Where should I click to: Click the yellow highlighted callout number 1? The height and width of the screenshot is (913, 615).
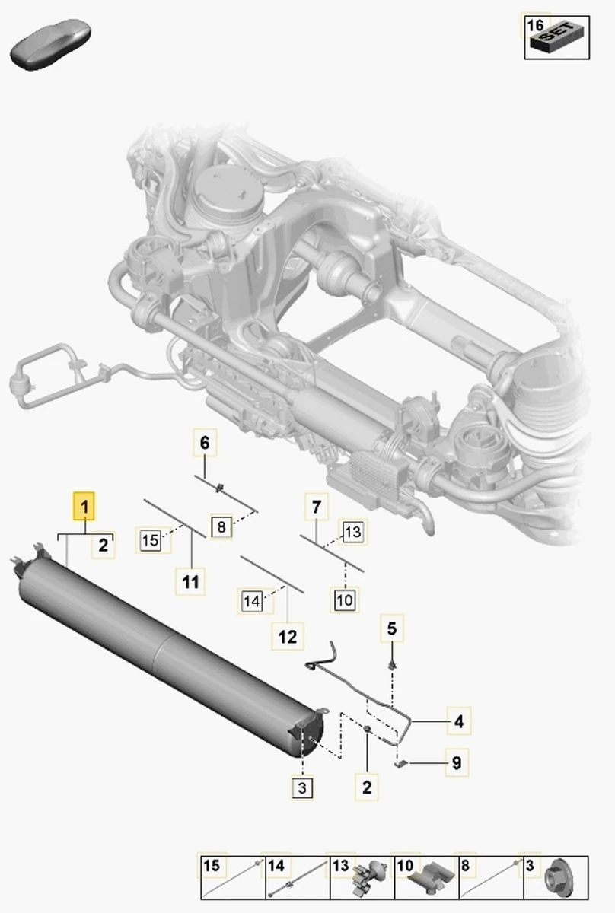pyautogui.click(x=84, y=506)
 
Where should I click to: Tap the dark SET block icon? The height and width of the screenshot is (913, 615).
pyautogui.click(x=556, y=37)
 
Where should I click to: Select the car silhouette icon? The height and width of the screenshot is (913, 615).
pyautogui.click(x=50, y=43)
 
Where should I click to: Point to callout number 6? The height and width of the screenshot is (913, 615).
pyautogui.click(x=205, y=443)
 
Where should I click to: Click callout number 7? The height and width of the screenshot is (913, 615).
pyautogui.click(x=317, y=507)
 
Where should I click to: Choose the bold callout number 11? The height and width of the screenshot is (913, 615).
pyautogui.click(x=190, y=581)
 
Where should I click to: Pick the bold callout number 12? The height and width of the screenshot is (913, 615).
pyautogui.click(x=288, y=636)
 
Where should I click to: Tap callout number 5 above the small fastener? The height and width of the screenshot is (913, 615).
pyautogui.click(x=392, y=628)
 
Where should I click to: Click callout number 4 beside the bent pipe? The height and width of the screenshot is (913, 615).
pyautogui.click(x=459, y=721)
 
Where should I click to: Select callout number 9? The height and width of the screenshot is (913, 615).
pyautogui.click(x=457, y=762)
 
